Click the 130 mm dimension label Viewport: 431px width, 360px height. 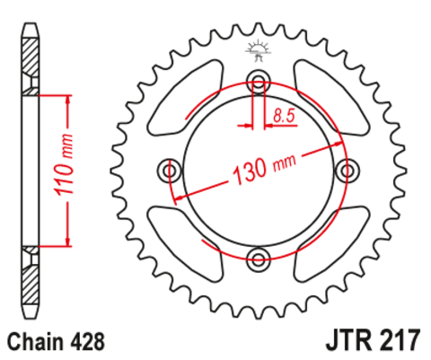(x=265, y=166)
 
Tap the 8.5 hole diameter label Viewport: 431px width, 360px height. (x=285, y=114)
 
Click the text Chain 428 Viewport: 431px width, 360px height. (x=57, y=341)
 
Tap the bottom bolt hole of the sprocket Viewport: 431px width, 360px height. (x=259, y=259)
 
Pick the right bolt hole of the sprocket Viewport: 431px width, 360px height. (x=347, y=171)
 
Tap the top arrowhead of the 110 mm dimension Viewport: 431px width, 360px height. (x=66, y=97)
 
